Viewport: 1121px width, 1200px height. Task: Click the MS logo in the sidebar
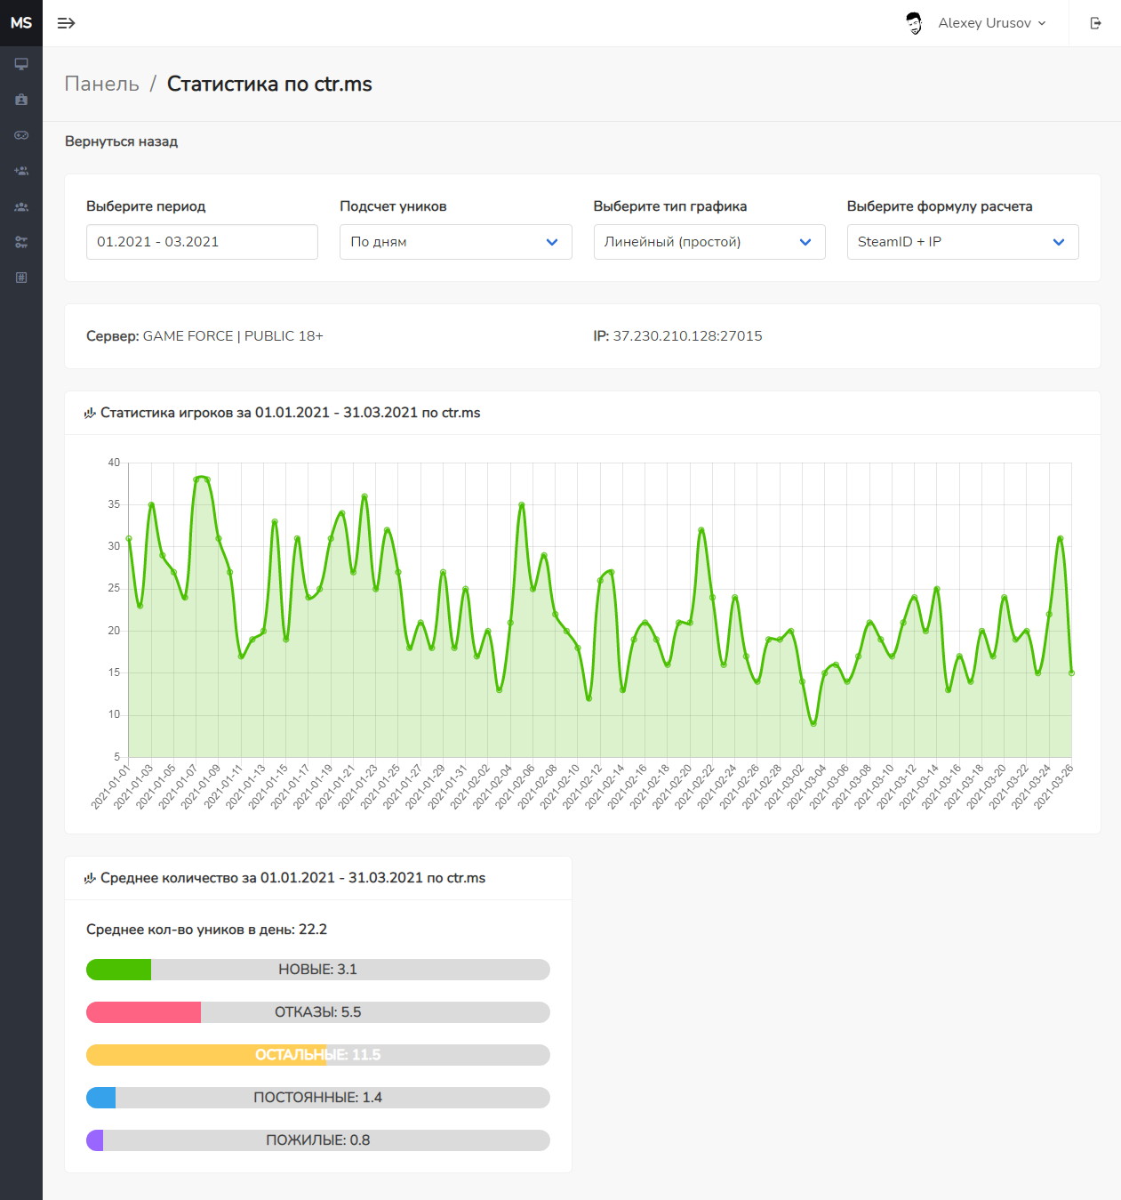[x=21, y=23]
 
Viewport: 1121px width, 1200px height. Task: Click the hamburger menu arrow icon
[x=66, y=23]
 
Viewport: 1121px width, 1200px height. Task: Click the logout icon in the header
[x=1095, y=23]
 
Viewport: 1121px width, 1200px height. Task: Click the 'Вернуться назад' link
[x=122, y=141]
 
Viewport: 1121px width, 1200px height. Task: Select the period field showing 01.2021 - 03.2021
[x=202, y=242]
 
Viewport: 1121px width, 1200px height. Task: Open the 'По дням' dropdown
[x=455, y=242]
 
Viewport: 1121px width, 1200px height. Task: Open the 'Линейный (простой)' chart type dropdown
[x=709, y=242]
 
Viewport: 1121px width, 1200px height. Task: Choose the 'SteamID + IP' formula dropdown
[x=963, y=242]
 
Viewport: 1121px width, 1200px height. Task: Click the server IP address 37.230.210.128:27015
[x=687, y=336]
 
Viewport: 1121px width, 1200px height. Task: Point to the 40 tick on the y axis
[x=114, y=463]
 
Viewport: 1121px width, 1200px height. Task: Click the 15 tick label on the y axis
[x=114, y=672]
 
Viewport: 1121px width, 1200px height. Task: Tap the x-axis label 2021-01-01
[x=111, y=786]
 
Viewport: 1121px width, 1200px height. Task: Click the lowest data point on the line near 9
[x=813, y=723]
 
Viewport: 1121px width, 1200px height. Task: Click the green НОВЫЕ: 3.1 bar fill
[x=118, y=970]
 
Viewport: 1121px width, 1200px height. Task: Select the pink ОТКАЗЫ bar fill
[x=144, y=1012]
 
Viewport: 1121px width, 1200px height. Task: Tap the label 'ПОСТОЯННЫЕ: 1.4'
[x=317, y=1098]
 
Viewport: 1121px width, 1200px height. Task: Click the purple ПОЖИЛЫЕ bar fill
[x=95, y=1140]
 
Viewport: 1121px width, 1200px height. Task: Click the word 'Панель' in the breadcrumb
[x=101, y=84]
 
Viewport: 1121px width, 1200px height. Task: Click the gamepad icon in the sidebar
[x=21, y=135]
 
